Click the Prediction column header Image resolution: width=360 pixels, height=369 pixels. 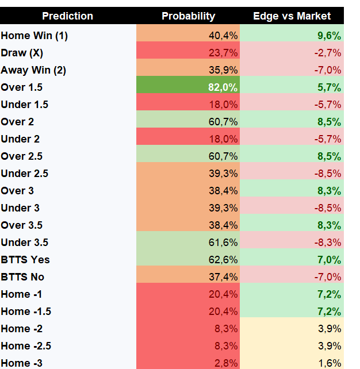click(x=68, y=16)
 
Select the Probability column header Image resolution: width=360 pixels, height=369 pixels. click(x=189, y=16)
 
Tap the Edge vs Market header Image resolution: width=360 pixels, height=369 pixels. click(x=292, y=16)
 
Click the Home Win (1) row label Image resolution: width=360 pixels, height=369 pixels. click(x=35, y=36)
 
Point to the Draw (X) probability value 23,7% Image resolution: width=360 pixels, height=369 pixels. click(x=223, y=53)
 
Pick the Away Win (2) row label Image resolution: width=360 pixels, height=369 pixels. click(x=33, y=70)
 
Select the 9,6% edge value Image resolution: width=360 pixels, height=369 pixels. click(x=329, y=36)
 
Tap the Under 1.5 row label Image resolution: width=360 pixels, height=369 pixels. click(x=25, y=105)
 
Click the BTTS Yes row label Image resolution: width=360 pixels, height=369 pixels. click(x=25, y=260)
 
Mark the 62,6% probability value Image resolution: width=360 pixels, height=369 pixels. click(x=223, y=260)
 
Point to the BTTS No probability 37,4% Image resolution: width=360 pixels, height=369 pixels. click(x=223, y=277)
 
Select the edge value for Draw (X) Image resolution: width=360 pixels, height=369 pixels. click(x=328, y=53)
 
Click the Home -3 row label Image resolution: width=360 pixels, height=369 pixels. click(x=22, y=363)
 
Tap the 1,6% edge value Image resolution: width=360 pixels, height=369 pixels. click(x=330, y=363)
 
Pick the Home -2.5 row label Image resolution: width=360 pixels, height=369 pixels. click(x=26, y=346)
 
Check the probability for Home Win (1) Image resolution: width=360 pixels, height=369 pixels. click(x=223, y=36)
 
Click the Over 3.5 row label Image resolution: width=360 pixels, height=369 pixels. click(x=22, y=225)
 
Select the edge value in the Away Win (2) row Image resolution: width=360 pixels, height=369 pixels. click(x=328, y=70)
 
